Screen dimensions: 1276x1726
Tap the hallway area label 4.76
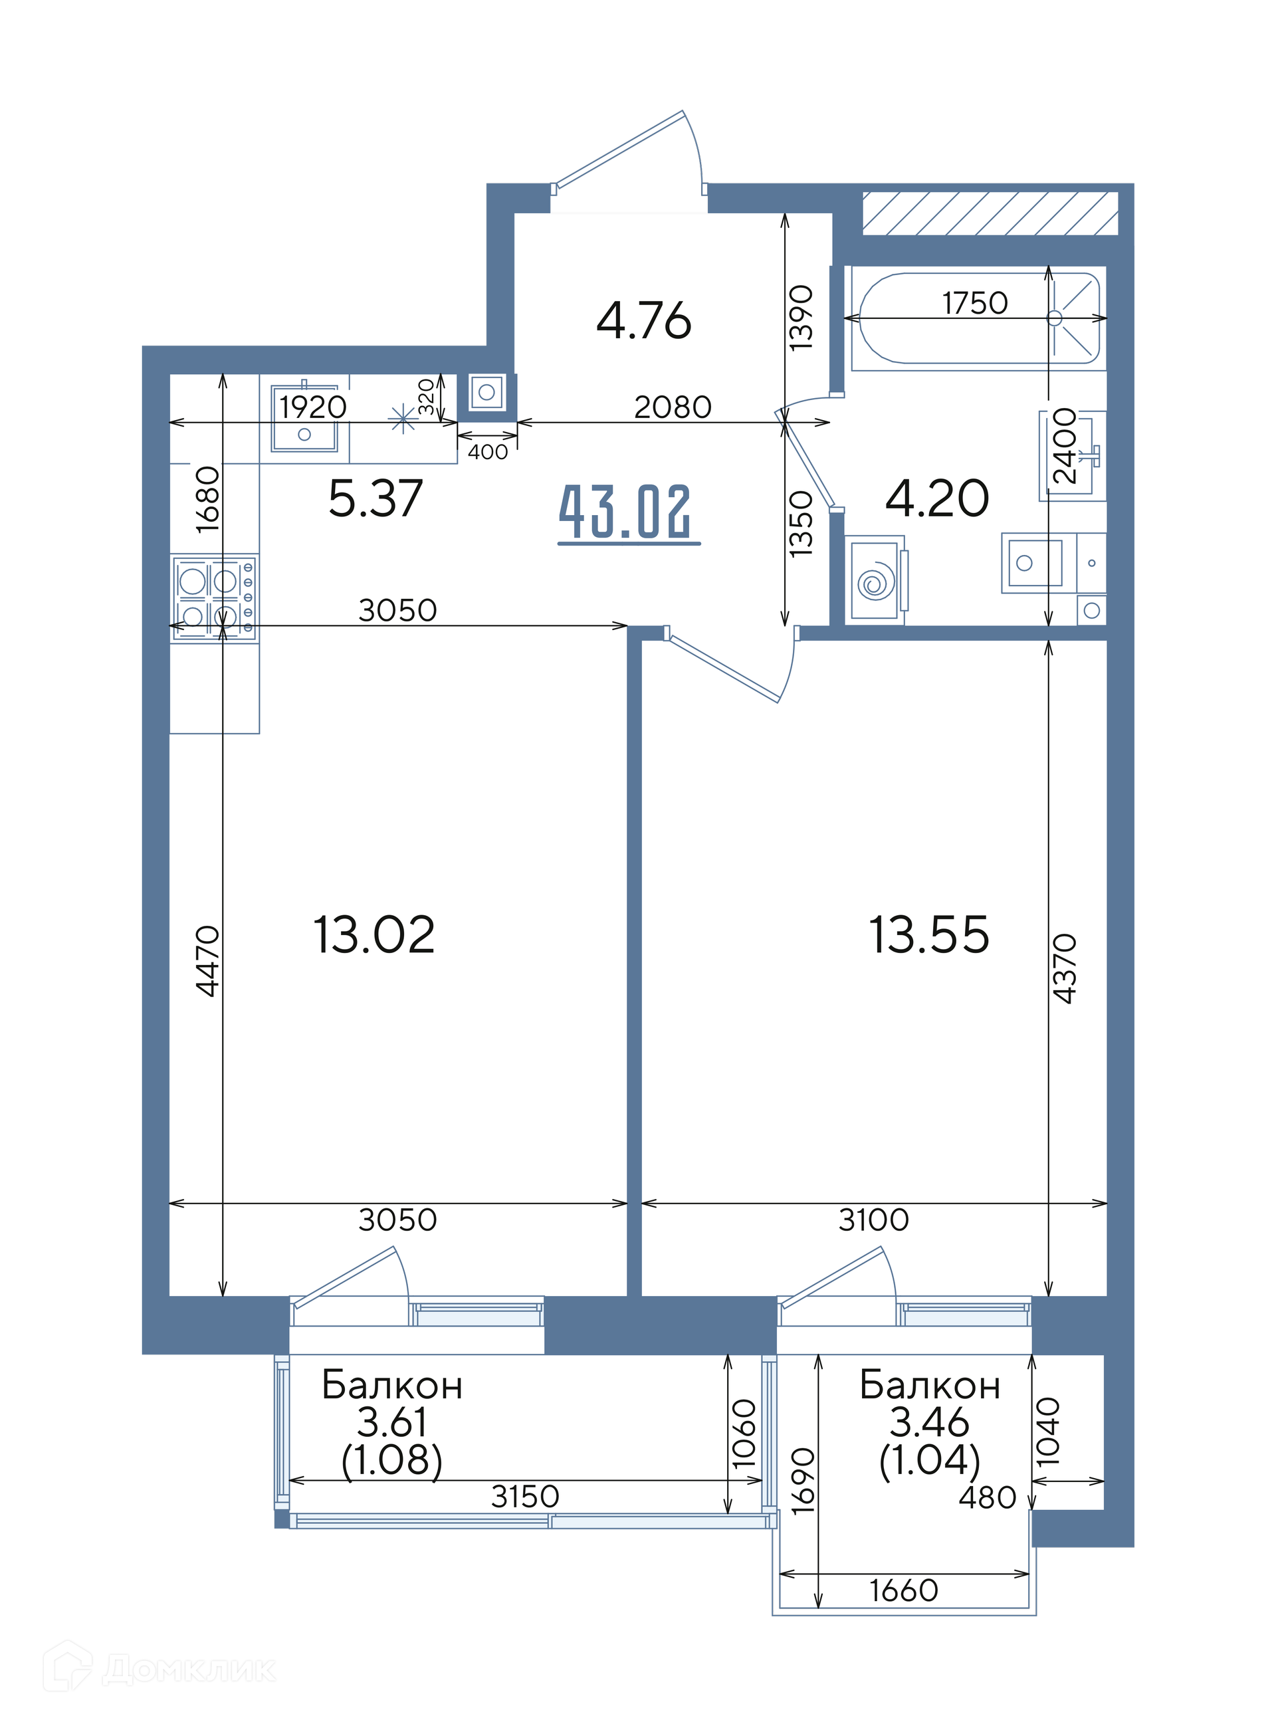click(x=643, y=320)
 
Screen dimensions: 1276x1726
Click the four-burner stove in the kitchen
click(x=214, y=597)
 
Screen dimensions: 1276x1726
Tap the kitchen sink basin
click(x=304, y=419)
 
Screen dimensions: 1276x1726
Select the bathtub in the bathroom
click(x=979, y=318)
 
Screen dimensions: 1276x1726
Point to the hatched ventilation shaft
click(x=990, y=213)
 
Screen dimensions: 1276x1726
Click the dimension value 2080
click(x=673, y=407)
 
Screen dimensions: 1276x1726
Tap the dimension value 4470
click(x=208, y=962)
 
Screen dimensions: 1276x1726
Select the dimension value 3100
click(x=873, y=1221)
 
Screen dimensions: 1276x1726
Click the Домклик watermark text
click(x=189, y=1670)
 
